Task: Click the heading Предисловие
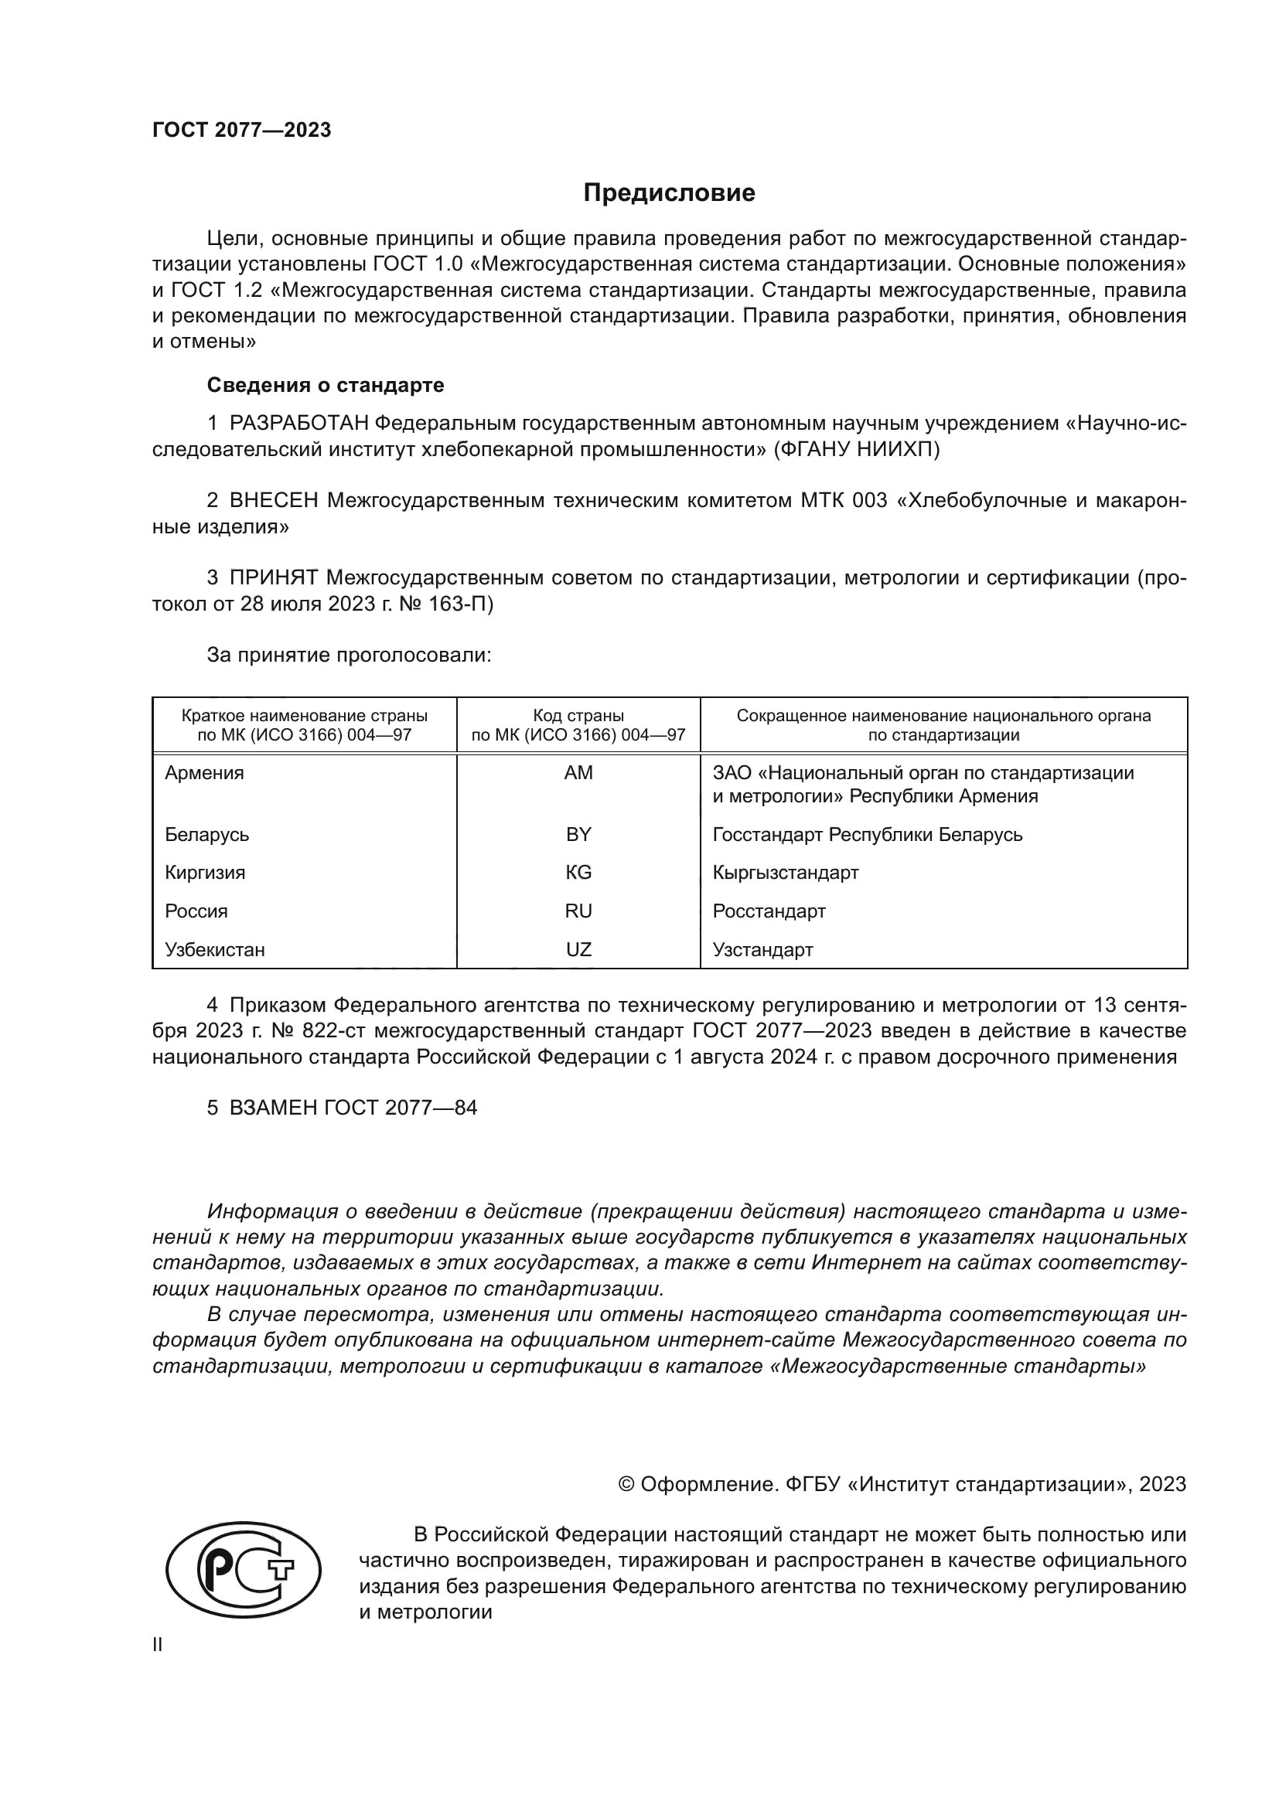pos(669,193)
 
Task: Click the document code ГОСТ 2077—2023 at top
pos(242,130)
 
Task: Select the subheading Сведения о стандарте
pos(326,385)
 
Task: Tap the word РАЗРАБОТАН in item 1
pos(298,424)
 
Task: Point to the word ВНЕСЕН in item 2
pos(274,501)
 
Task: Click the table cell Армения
pos(204,773)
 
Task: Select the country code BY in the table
pos(578,835)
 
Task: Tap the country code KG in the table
pos(578,873)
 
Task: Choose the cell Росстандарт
pos(769,911)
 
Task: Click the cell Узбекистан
pos(214,950)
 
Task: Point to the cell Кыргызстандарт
pos(785,873)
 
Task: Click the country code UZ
pos(578,950)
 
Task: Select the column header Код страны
pos(578,716)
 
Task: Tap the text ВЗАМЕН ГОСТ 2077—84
pos(353,1108)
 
